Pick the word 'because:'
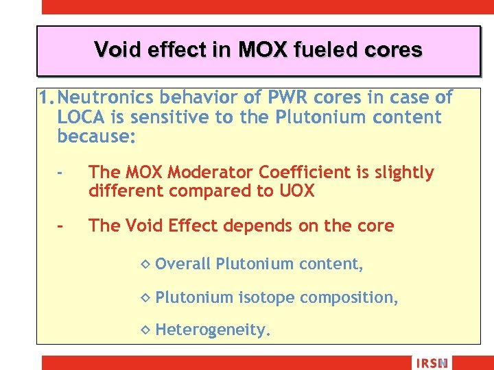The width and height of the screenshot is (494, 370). [x=97, y=136]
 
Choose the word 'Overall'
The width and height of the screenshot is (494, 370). [x=183, y=264]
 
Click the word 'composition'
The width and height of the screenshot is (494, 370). [x=349, y=297]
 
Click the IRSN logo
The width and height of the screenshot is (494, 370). [x=431, y=363]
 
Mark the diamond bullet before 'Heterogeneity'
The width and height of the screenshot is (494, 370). [x=144, y=330]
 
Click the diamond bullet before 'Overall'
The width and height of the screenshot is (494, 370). [x=144, y=264]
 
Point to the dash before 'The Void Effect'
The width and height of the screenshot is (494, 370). [x=61, y=226]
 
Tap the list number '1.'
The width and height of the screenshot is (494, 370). [x=47, y=98]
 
